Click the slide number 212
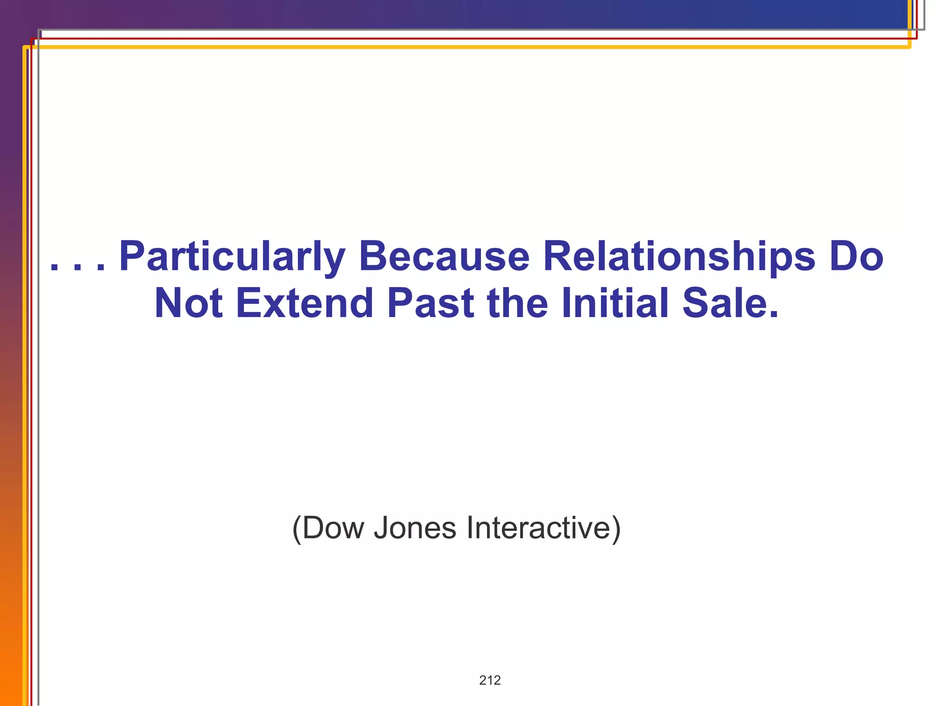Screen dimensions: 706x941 point(490,680)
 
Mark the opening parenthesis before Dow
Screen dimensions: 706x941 point(297,529)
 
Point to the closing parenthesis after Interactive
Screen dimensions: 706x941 point(616,529)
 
